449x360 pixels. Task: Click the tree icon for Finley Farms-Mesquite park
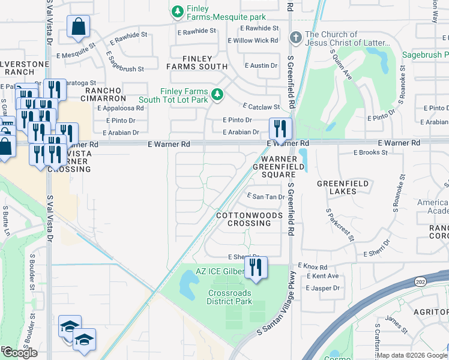tap(177, 11)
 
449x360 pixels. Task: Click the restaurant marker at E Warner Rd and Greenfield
tap(280, 128)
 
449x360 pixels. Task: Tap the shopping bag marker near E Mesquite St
tap(79, 27)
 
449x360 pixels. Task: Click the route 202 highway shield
tap(419, 281)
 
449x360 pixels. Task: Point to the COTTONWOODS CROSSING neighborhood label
tap(243, 219)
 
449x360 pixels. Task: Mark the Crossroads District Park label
tap(229, 297)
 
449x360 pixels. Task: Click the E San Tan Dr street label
tap(266, 196)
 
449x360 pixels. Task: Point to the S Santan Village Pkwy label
tap(276, 303)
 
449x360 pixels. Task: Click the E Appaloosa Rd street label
tap(120, 109)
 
